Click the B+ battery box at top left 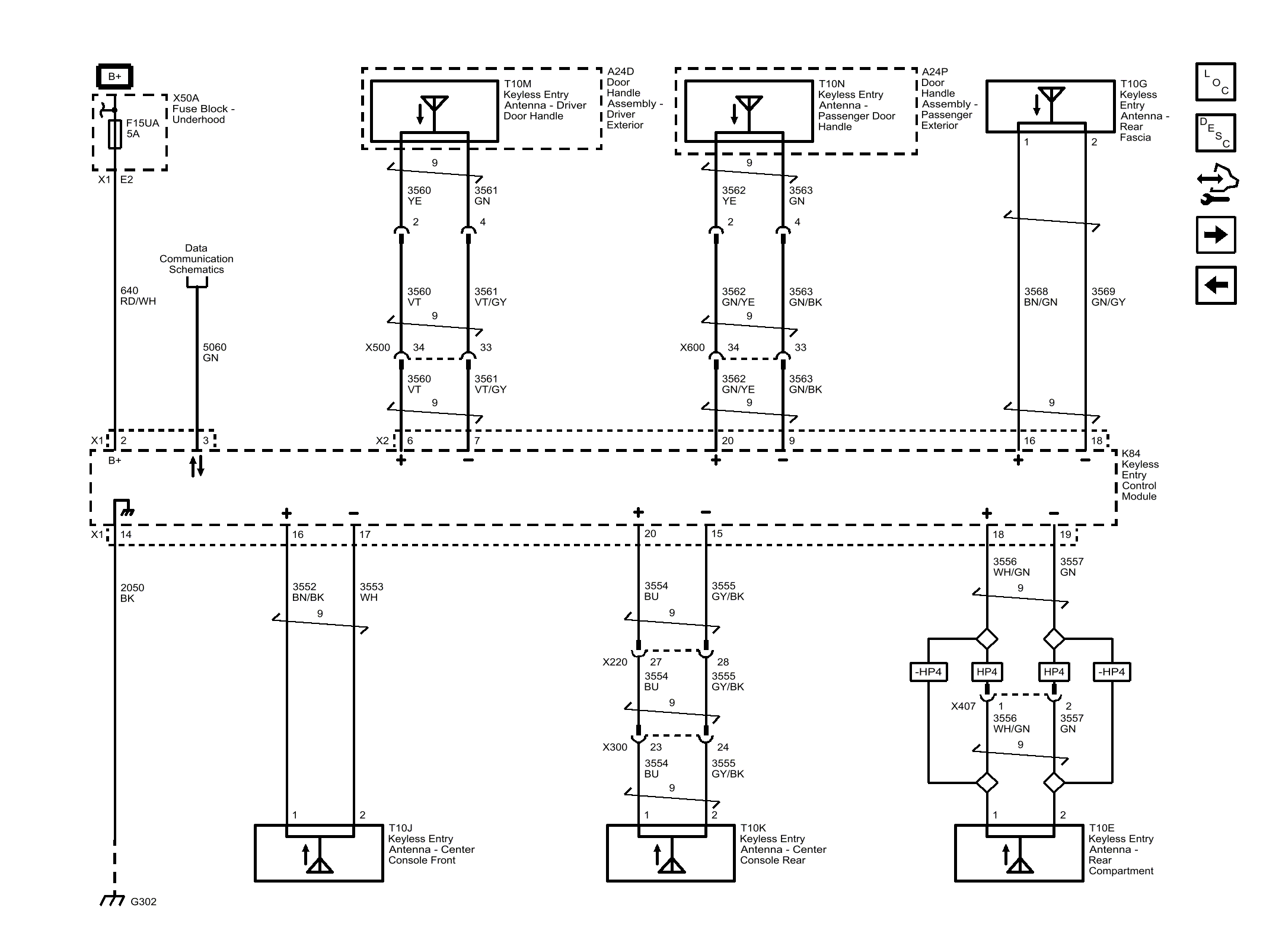[x=114, y=77]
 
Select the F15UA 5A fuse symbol [x=115, y=134]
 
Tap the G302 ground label [x=143, y=902]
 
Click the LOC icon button [x=1216, y=82]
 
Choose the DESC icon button [x=1216, y=132]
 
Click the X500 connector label [x=378, y=348]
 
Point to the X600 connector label [x=692, y=348]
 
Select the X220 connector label [x=615, y=662]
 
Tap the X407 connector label [x=963, y=706]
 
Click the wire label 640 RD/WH [x=138, y=296]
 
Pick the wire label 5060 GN [x=215, y=352]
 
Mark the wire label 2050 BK [x=132, y=593]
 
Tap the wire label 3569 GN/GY [x=1108, y=297]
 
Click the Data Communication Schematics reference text [x=196, y=259]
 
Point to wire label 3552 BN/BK [x=308, y=592]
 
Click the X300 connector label [x=615, y=747]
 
